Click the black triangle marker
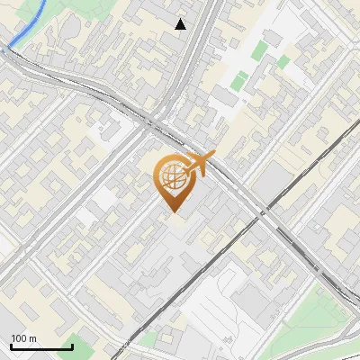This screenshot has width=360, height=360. click(x=181, y=24)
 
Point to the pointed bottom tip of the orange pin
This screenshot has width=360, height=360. click(x=172, y=211)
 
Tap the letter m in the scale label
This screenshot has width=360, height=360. click(x=32, y=338)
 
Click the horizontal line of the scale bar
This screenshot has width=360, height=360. click(x=40, y=346)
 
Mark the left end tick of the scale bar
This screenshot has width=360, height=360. click(x=11, y=345)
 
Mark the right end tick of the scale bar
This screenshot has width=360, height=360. click(x=71, y=345)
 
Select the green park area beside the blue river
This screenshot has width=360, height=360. click(x=36, y=11)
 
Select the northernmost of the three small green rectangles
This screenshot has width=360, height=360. click(x=260, y=49)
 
